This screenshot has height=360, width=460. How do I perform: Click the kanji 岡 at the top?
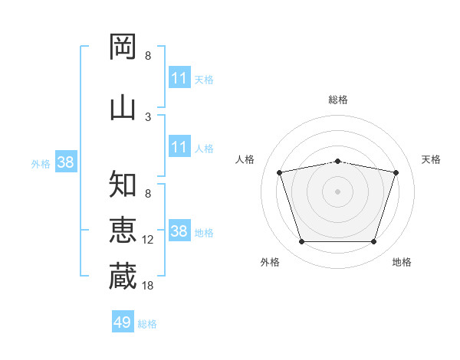[123, 47]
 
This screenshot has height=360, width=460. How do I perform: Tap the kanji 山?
[123, 109]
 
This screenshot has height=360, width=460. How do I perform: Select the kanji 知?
[123, 184]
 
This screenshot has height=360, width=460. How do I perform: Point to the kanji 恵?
[123, 230]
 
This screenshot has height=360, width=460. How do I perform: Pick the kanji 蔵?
[123, 276]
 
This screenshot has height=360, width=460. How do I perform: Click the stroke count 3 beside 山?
[148, 117]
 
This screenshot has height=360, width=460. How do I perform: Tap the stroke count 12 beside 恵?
[147, 240]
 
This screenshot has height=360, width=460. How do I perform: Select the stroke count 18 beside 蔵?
[147, 285]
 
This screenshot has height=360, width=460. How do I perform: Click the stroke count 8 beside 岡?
[148, 55]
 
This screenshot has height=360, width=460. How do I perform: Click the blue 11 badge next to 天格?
[179, 77]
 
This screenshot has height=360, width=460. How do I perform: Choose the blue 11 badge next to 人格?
[179, 146]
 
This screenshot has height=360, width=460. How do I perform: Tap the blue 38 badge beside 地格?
[179, 230]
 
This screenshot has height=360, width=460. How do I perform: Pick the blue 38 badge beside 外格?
[66, 162]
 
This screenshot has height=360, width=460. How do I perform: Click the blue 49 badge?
[123, 321]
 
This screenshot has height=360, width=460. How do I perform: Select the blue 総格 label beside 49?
[147, 324]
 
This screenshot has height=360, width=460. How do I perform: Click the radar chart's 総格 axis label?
[338, 100]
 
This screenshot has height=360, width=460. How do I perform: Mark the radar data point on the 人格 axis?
[279, 172]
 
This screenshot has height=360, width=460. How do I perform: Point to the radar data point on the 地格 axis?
[374, 242]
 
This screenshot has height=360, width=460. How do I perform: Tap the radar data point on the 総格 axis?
[337, 162]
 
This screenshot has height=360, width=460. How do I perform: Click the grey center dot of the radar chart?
[337, 191]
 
